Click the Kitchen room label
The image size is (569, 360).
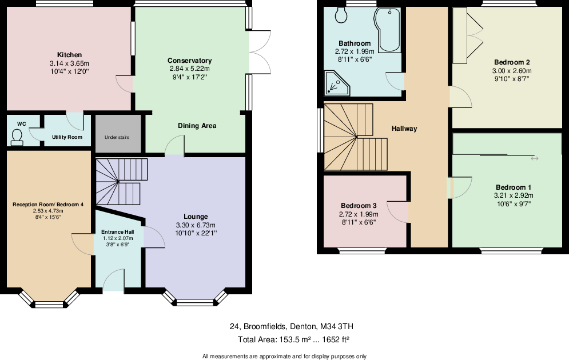point(69,54)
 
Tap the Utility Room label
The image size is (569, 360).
point(67,137)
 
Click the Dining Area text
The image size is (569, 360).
point(197,126)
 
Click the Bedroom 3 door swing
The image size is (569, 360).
point(399,211)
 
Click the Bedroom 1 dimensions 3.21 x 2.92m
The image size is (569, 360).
point(513,195)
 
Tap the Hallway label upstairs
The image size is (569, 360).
point(404,129)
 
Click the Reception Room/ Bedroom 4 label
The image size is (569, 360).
point(48,204)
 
